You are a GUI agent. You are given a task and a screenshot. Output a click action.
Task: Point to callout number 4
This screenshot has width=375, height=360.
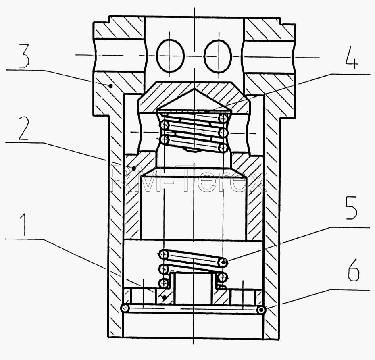point(352,58)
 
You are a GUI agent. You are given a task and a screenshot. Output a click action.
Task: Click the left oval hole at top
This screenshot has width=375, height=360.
point(170,56)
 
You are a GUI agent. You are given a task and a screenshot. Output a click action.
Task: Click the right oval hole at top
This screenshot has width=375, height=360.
point(218,56)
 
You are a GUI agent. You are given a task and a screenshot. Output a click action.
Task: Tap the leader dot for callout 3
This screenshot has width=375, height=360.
point(110,85)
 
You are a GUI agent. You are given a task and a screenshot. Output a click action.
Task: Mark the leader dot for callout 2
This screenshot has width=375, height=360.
point(134,169)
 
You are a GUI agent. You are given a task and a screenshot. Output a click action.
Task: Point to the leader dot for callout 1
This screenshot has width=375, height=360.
point(164,298)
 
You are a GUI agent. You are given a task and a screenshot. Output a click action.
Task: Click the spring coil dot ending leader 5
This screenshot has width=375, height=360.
point(224,262)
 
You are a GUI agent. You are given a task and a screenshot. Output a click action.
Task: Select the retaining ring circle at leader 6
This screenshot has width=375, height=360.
point(261,310)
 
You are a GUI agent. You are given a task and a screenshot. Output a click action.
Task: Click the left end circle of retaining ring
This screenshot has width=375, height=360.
point(125,308)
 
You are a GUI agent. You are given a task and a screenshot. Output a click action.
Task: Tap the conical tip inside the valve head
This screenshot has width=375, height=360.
point(194,89)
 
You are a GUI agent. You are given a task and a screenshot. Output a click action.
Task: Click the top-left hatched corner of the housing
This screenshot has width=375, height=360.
point(119,27)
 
